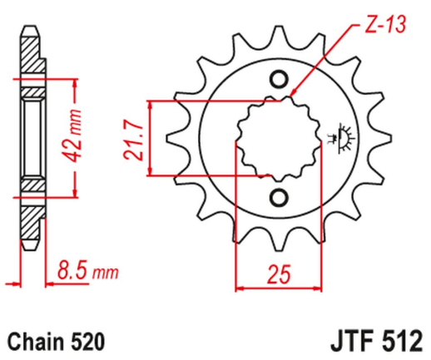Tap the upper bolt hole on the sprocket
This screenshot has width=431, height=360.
279,80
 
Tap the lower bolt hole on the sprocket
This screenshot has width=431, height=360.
279,196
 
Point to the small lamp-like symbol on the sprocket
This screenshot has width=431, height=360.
342,137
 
